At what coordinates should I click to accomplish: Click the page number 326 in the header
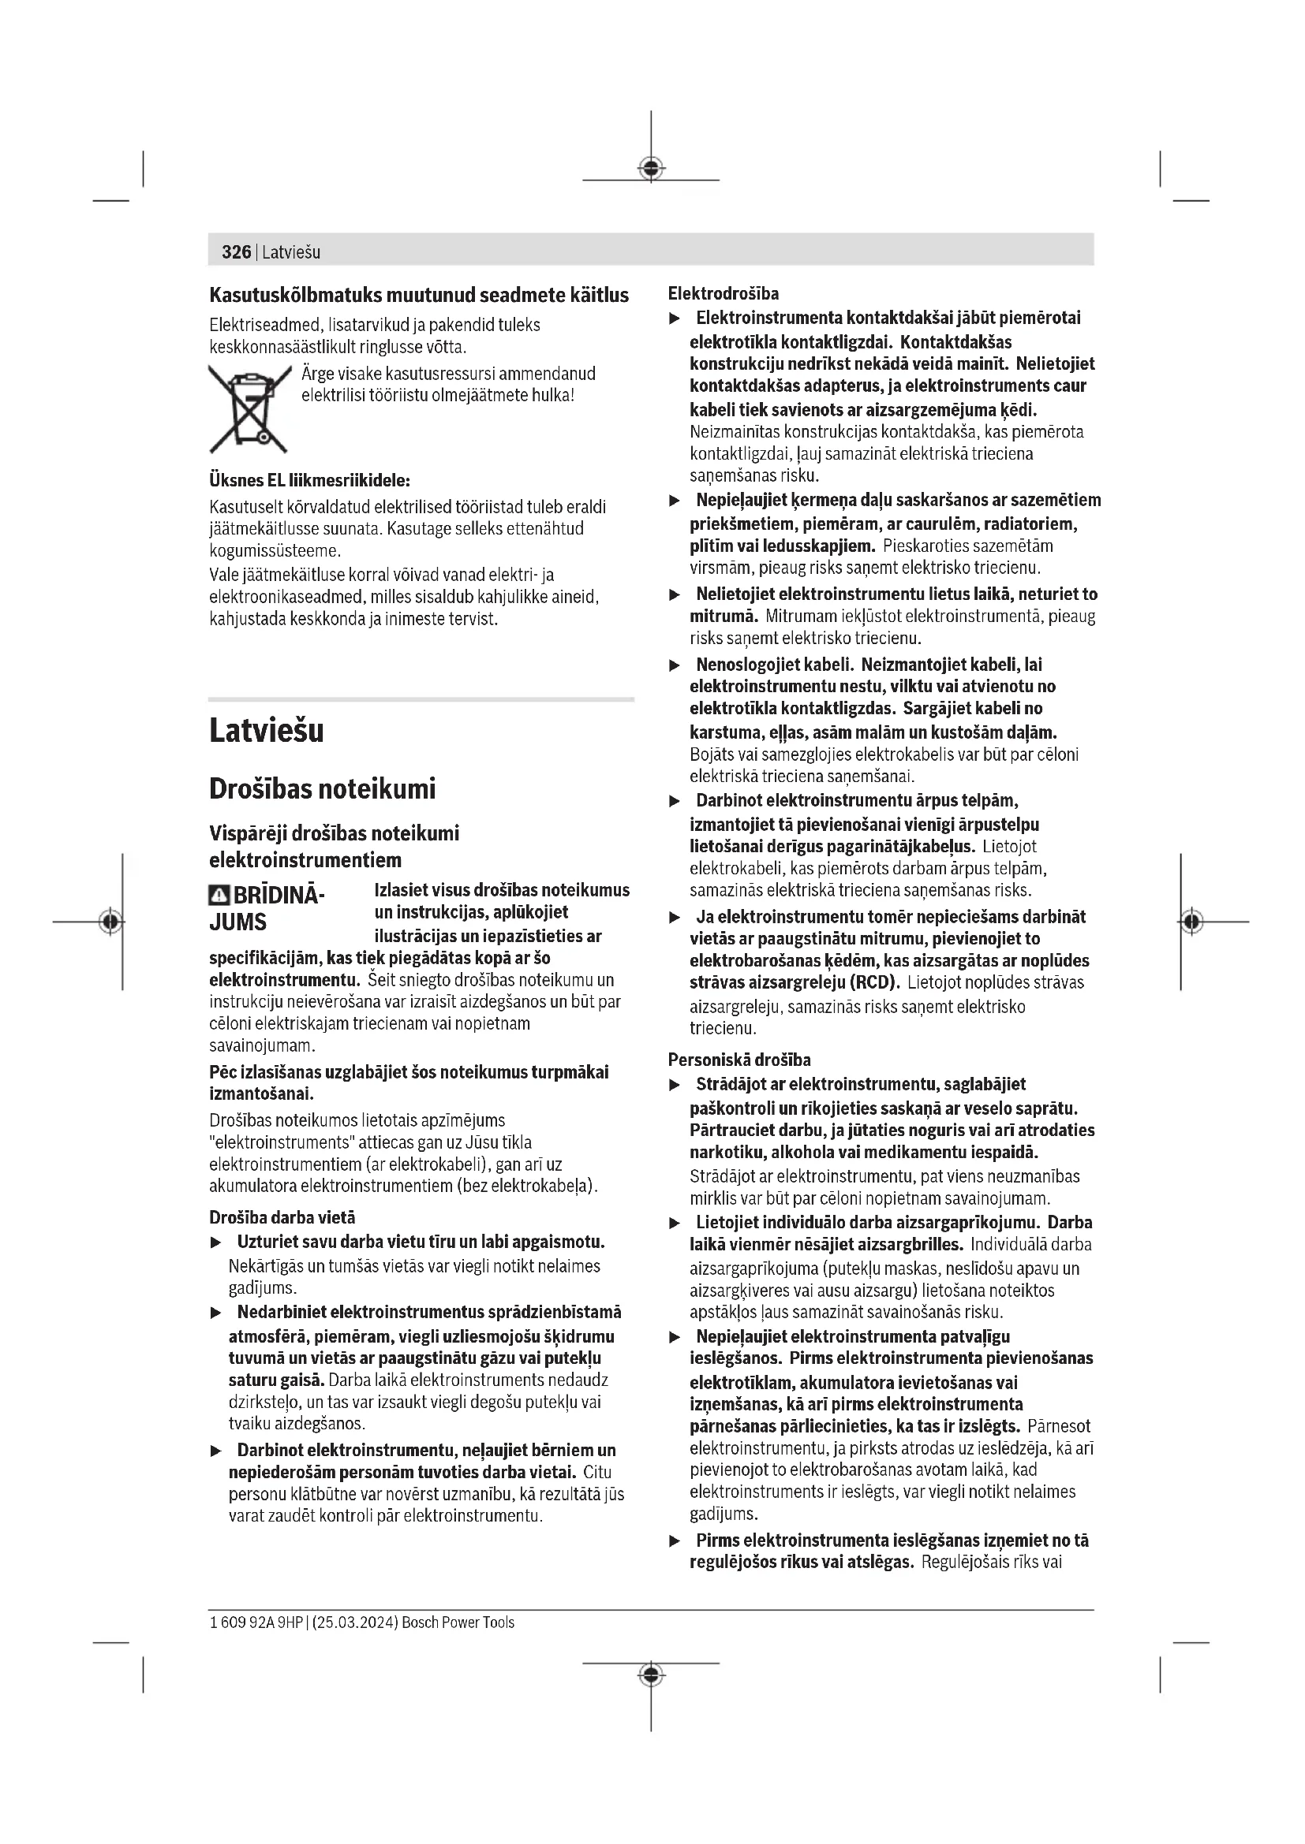click(x=236, y=252)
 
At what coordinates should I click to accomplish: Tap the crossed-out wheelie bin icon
click(x=249, y=409)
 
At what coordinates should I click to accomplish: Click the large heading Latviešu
click(x=266, y=731)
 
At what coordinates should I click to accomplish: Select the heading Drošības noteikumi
click(x=321, y=788)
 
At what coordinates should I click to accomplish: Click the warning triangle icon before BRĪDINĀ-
click(x=219, y=896)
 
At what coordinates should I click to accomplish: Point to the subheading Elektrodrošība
click(x=724, y=293)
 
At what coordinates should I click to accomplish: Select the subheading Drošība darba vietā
click(x=282, y=1217)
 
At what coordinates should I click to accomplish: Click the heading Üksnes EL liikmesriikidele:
click(x=309, y=480)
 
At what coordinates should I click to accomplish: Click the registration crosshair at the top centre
click(x=651, y=168)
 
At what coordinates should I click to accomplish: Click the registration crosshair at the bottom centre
click(x=651, y=1675)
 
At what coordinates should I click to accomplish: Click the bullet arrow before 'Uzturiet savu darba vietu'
click(x=215, y=1242)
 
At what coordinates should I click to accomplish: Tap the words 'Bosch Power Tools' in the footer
click(x=458, y=1622)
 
